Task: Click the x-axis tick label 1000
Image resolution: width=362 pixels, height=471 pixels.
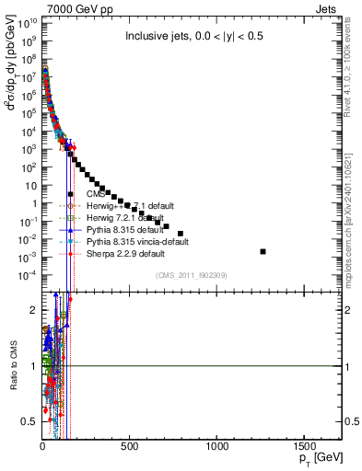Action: [217, 446]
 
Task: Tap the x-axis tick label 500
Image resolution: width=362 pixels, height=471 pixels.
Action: [130, 446]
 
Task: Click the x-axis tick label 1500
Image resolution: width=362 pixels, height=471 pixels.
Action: [305, 446]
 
